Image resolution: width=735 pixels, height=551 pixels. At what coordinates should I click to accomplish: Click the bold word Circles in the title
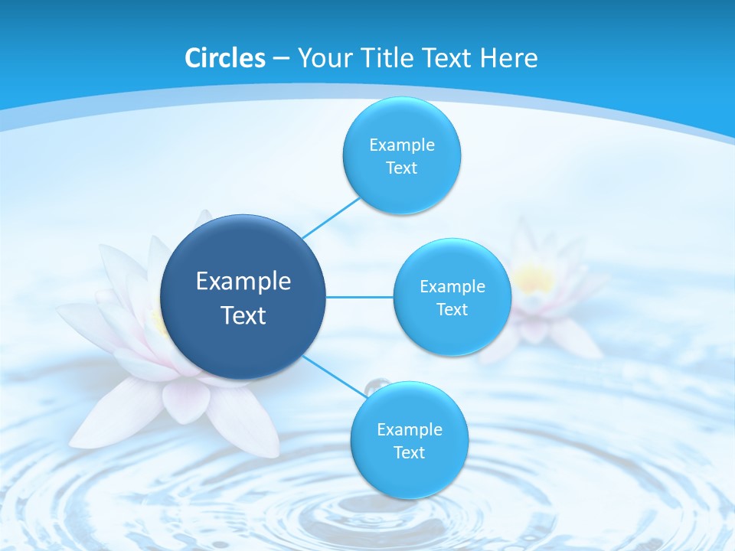click(225, 57)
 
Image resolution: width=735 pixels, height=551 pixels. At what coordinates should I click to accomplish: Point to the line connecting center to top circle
click(331, 217)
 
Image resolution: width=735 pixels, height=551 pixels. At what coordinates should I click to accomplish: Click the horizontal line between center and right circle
click(359, 297)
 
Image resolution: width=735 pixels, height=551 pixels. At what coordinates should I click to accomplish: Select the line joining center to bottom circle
click(333, 375)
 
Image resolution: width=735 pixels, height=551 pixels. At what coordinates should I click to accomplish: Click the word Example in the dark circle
click(243, 282)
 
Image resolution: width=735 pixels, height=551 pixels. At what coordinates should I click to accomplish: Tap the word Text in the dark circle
click(243, 315)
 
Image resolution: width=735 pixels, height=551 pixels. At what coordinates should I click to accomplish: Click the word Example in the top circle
click(402, 145)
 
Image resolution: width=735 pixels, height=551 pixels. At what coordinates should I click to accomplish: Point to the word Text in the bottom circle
click(409, 452)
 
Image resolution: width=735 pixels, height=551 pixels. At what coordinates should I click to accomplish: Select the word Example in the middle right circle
click(452, 286)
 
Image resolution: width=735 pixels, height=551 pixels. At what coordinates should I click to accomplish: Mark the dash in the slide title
click(280, 59)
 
